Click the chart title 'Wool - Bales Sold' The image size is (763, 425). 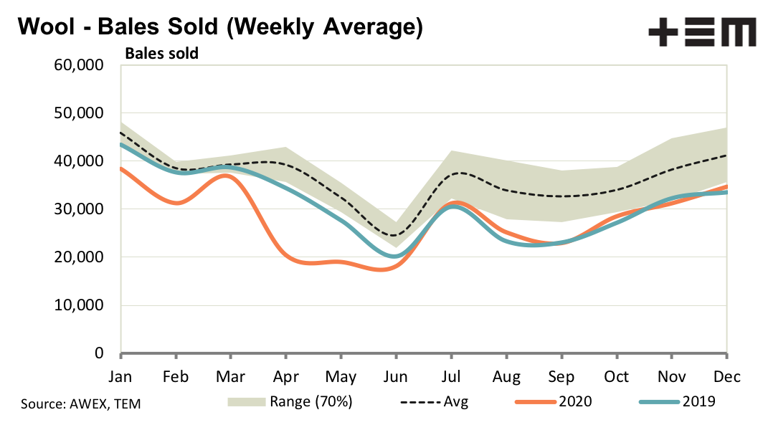coord(219,28)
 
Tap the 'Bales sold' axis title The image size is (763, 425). coord(162,53)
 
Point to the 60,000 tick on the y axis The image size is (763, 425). coord(79,66)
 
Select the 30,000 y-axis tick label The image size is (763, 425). coord(79,209)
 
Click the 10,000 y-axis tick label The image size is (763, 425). coord(79,305)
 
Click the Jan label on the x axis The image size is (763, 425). coord(120,376)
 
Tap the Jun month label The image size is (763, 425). coord(395,376)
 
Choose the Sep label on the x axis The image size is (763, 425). coord(561,376)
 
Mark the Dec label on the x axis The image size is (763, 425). coord(726,376)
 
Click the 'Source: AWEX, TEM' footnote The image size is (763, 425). coord(81,404)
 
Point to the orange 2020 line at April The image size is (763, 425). coord(286,255)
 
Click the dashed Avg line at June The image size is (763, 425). coord(395,235)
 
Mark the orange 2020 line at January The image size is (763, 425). coord(121,168)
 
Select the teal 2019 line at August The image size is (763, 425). coord(506,240)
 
